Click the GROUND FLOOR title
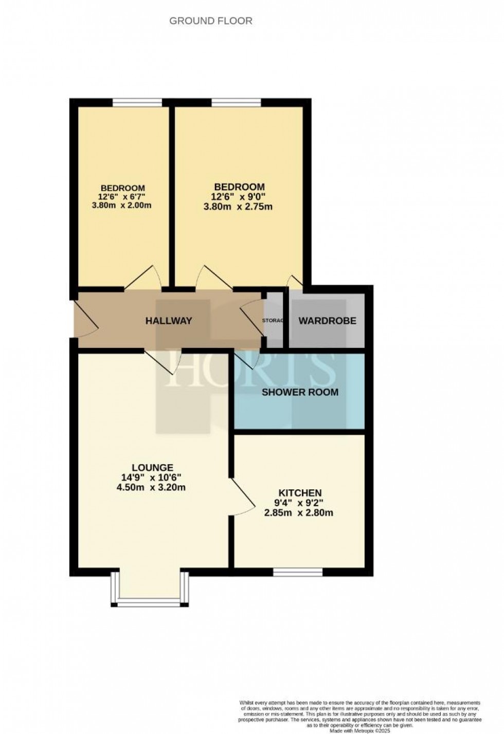click(211, 21)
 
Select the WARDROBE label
click(328, 321)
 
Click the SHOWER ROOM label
click(300, 392)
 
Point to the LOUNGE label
click(152, 468)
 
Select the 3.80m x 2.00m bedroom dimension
click(122, 206)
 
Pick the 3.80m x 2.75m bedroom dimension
click(240, 207)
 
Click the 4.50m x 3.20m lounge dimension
click(151, 487)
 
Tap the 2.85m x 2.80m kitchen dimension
click(299, 512)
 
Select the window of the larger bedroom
click(236, 102)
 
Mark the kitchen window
click(298, 572)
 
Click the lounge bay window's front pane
click(149, 602)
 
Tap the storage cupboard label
click(273, 321)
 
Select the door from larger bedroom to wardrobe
click(295, 282)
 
